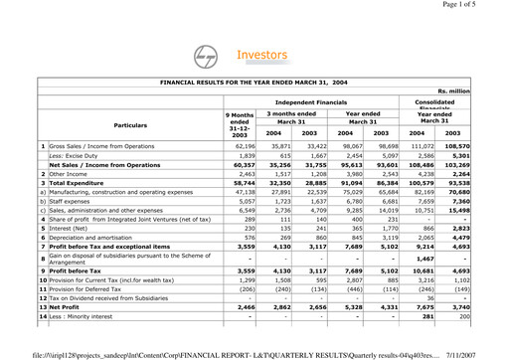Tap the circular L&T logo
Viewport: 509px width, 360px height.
tap(210, 58)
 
